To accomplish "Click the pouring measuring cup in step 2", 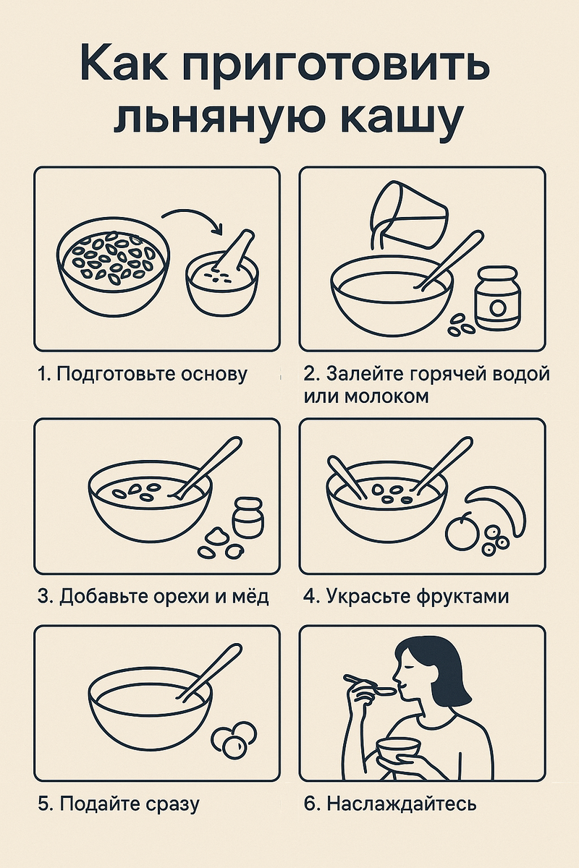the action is click(407, 214).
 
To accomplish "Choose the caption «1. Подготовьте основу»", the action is click(142, 375).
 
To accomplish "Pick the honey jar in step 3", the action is click(248, 517).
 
